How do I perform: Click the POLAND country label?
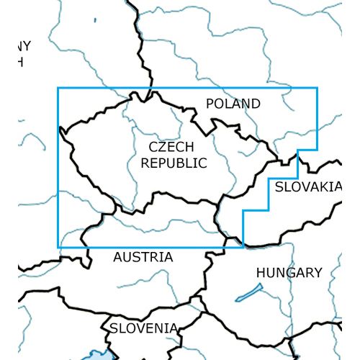point(233,104)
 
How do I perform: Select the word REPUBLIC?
point(174,163)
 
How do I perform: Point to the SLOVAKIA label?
point(306,187)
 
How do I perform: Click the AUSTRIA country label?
point(143,257)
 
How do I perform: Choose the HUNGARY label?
point(289,273)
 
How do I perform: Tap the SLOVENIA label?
point(143,328)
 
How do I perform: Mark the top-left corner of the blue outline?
point(58,88)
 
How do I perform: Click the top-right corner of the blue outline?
point(317,88)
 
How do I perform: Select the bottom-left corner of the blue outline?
point(58,247)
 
